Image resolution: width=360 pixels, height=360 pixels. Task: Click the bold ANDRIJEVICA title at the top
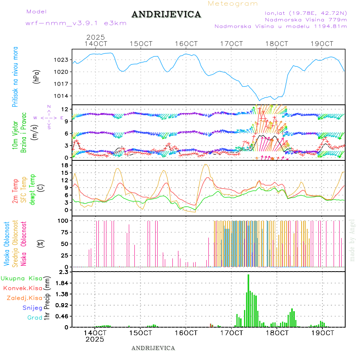(x=166, y=15)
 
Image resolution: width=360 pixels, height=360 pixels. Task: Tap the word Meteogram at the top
(x=233, y=4)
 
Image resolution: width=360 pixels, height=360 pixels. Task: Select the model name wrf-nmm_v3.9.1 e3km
(x=76, y=23)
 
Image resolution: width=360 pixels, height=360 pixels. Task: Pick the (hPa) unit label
(x=36, y=76)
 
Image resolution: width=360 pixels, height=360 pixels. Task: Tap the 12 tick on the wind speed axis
(x=64, y=109)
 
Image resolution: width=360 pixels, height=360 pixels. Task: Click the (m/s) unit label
(x=36, y=131)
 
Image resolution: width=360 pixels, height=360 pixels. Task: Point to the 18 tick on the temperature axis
(x=64, y=165)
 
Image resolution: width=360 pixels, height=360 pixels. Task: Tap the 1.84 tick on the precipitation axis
(x=61, y=283)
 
